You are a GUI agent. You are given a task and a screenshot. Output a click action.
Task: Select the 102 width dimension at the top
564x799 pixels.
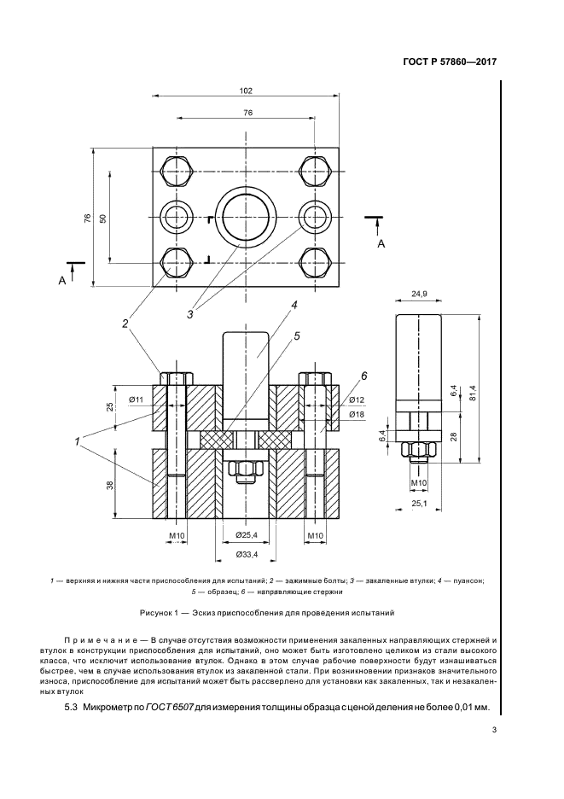(246, 90)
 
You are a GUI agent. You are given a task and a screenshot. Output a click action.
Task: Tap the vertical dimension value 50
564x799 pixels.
(102, 218)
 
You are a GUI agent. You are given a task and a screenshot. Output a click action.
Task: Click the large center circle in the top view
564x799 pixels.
(246, 218)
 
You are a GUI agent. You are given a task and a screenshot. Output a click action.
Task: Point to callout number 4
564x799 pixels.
(293, 306)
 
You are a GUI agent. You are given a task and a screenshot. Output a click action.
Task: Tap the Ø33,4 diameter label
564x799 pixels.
(246, 556)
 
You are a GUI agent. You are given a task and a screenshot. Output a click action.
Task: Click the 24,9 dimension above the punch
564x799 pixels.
(417, 295)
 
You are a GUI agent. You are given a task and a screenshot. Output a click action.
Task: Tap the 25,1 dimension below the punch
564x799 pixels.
(417, 504)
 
